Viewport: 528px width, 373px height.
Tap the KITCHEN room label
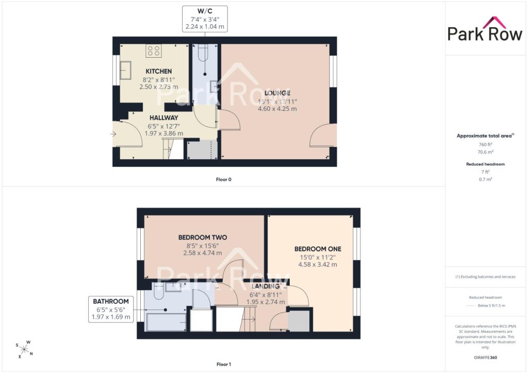coord(159,71)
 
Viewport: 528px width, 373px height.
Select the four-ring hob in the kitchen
coord(154,51)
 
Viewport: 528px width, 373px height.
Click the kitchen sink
coord(126,70)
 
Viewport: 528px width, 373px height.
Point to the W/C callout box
coord(205,19)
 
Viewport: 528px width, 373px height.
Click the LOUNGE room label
coord(277,93)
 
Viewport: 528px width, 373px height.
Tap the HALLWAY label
coord(163,117)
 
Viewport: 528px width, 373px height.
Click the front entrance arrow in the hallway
coord(113,134)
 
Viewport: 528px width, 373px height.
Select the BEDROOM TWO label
coord(203,238)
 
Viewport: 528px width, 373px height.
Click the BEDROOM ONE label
coord(318,249)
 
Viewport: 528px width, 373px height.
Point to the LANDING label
coord(266,286)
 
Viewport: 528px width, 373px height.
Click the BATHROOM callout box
coord(111,310)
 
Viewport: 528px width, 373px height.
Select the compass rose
coord(24,349)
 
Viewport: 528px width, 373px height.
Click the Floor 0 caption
coord(224,180)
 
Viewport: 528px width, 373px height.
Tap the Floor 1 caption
coord(224,364)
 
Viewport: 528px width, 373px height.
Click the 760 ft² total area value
coord(485,145)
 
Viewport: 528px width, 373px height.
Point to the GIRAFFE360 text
coord(485,358)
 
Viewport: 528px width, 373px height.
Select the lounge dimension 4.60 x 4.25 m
coord(277,109)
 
